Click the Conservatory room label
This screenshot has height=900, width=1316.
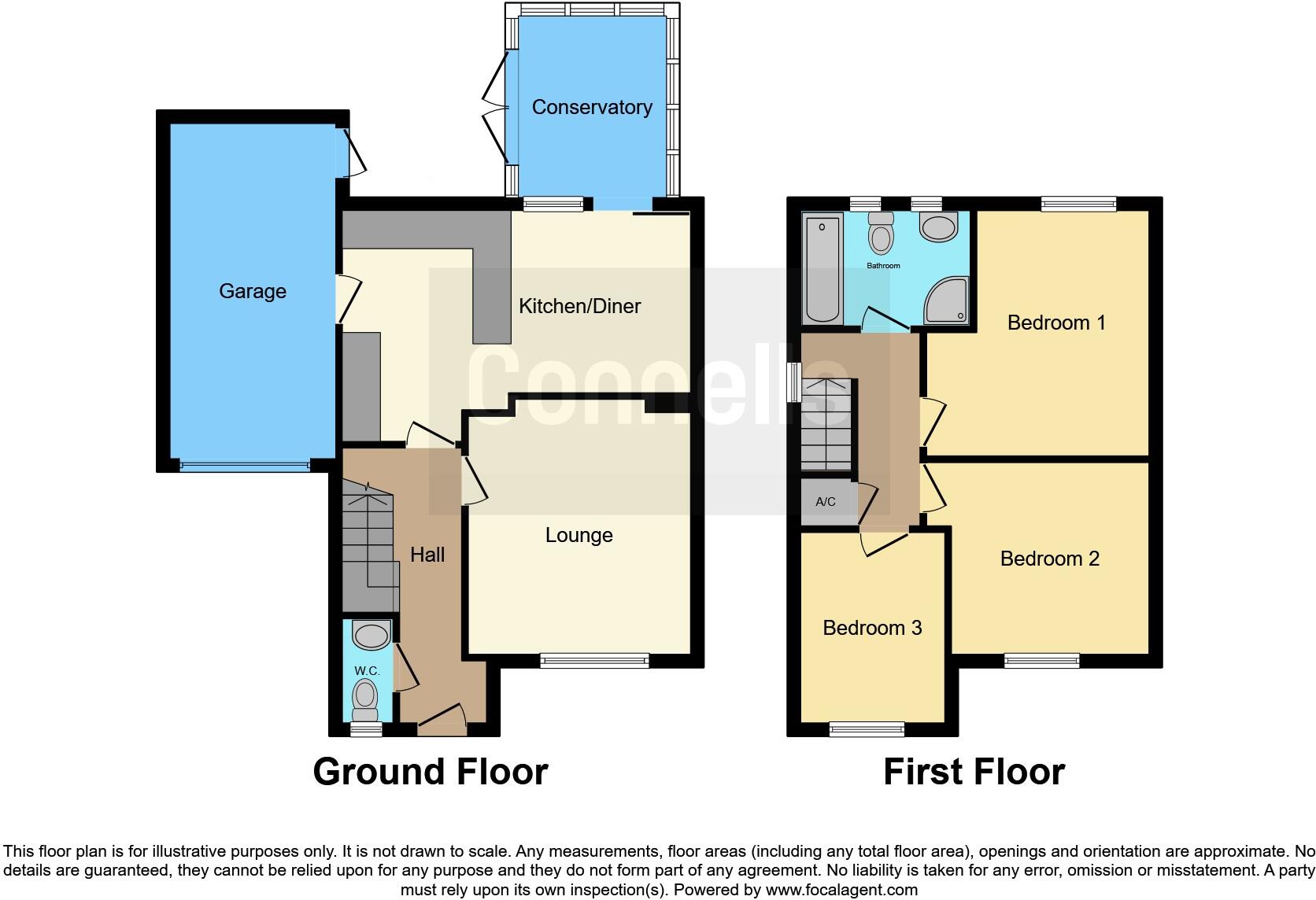(592, 107)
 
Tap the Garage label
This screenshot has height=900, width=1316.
(252, 291)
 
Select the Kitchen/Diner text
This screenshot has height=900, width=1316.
(579, 306)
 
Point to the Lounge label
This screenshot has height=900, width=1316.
(579, 535)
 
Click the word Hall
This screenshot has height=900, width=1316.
(427, 555)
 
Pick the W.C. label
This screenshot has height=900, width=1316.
(367, 670)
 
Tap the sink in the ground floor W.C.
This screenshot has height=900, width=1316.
(371, 633)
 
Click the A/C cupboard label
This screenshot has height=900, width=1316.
(825, 502)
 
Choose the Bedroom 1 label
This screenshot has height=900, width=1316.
(1056, 323)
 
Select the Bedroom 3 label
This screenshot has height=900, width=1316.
(872, 628)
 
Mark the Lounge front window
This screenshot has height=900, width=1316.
(594, 661)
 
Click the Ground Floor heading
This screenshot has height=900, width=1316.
(430, 772)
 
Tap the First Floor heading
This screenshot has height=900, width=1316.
(974, 772)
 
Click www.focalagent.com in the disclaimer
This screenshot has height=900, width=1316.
(841, 891)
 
